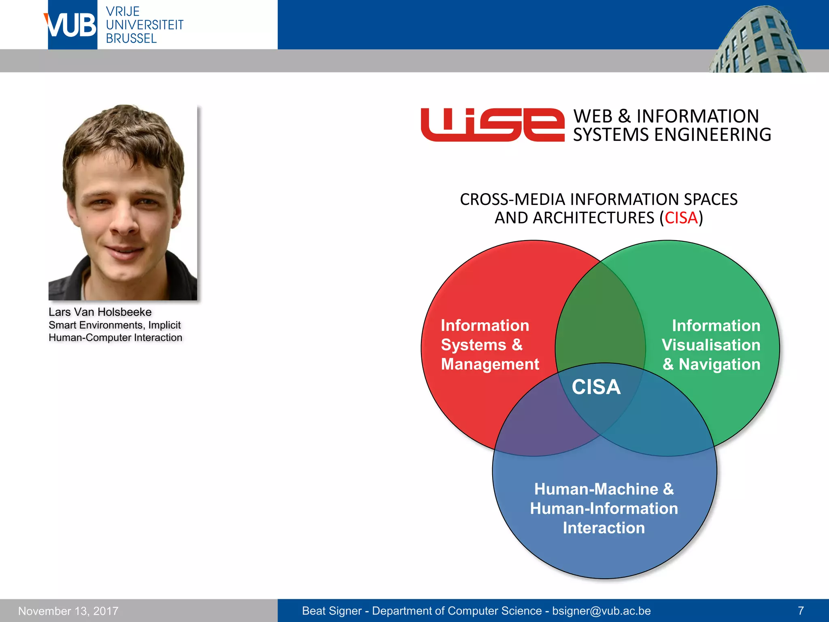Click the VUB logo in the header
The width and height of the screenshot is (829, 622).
(72, 25)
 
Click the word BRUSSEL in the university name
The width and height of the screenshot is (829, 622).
(131, 38)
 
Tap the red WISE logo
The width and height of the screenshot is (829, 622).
(492, 125)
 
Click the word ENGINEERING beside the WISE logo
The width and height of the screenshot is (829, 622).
(712, 135)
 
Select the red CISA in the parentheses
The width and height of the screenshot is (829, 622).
(681, 218)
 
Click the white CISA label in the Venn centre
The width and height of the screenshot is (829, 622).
(596, 387)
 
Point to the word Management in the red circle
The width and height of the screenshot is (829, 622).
(490, 364)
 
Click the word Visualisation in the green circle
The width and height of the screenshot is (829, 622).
(711, 345)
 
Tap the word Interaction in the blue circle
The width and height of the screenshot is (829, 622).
(604, 528)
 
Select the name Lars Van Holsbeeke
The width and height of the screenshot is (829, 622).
(100, 312)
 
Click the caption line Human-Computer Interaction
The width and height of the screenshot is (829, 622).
(115, 337)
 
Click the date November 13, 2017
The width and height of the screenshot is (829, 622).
(68, 611)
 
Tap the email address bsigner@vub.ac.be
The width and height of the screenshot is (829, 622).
(602, 611)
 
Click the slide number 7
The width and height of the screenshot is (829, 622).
(801, 611)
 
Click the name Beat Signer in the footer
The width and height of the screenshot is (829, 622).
(332, 611)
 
